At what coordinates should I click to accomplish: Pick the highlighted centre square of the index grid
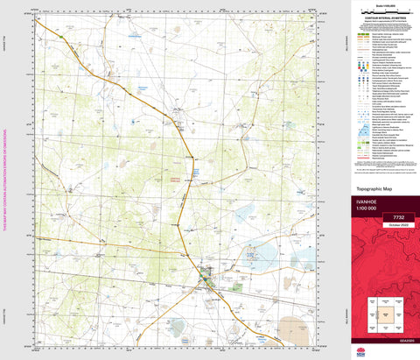pyautogui.click(x=384, y=313)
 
